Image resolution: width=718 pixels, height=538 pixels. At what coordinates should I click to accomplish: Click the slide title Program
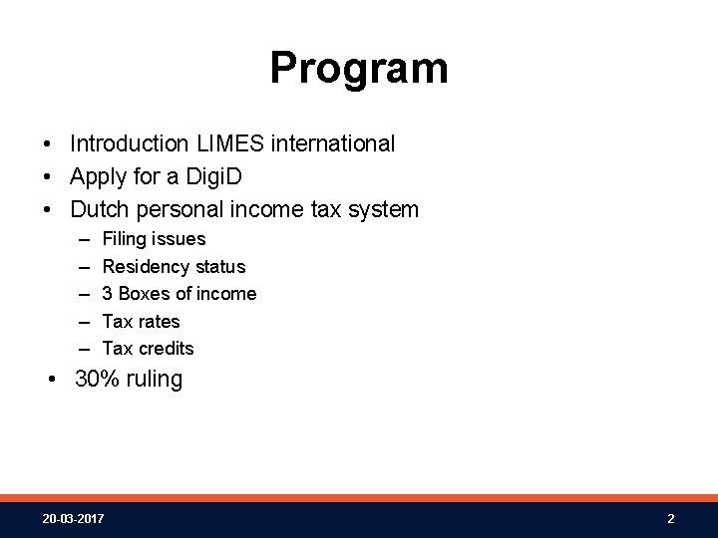(x=359, y=69)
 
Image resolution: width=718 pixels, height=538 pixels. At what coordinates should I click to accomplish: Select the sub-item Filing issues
(x=154, y=239)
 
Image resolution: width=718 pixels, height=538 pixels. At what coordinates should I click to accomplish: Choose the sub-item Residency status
(x=174, y=267)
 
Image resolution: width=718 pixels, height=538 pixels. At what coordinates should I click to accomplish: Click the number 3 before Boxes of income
(x=108, y=294)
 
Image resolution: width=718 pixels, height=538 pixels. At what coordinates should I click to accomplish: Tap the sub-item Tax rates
(x=141, y=321)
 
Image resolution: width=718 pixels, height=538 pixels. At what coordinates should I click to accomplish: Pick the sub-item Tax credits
(x=148, y=349)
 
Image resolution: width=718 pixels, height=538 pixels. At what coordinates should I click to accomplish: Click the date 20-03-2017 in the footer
(x=73, y=519)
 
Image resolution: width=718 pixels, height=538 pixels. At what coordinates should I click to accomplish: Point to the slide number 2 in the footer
(x=671, y=519)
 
